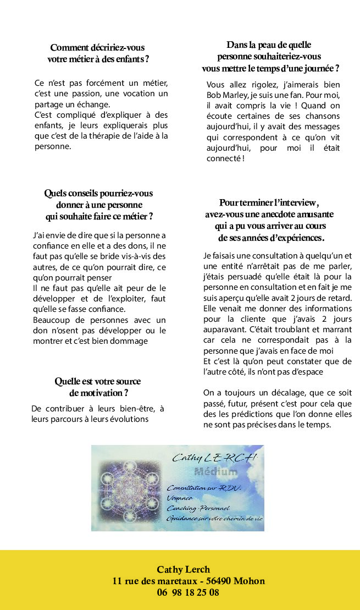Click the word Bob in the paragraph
point(214,95)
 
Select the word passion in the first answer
point(80,94)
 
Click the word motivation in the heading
point(95,393)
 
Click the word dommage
point(129,340)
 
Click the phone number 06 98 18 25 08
point(188,593)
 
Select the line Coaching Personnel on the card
point(198,508)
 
